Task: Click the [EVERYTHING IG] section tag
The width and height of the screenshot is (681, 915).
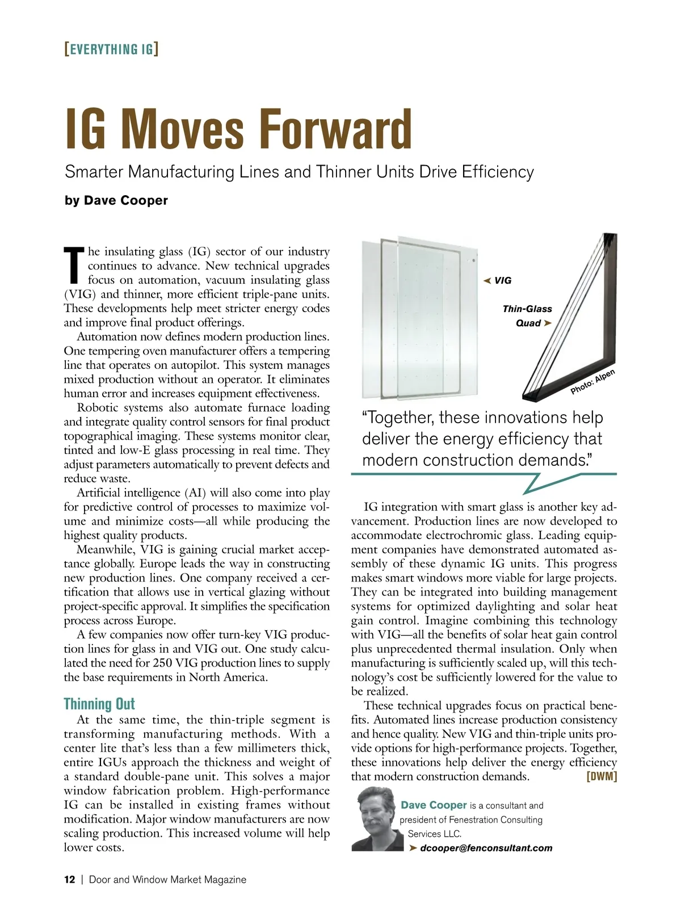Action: (111, 49)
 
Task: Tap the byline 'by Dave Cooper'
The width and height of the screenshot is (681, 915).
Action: (116, 200)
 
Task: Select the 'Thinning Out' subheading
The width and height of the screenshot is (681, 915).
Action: (99, 704)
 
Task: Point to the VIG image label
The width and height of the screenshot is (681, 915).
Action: (503, 280)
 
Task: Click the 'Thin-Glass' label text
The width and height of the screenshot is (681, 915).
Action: (527, 309)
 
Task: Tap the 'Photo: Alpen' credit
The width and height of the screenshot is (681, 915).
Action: (592, 382)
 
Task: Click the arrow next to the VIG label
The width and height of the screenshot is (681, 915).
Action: (487, 280)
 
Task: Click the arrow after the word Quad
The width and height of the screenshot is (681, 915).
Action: (548, 323)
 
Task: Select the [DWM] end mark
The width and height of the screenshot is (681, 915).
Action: (602, 776)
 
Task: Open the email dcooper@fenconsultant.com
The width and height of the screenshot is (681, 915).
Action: (486, 848)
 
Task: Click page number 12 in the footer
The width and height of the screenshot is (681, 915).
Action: (69, 880)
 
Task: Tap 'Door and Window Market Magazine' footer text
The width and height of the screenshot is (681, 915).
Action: (167, 880)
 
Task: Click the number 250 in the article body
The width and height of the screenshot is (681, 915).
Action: (162, 663)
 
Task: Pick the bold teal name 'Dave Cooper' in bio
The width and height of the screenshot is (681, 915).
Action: (434, 805)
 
